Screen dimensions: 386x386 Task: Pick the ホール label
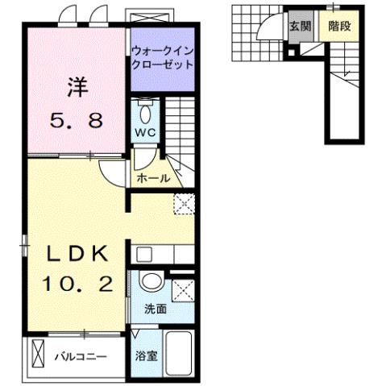(x=153, y=178)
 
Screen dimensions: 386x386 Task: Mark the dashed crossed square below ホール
(x=184, y=204)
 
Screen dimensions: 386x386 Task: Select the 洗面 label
(x=155, y=309)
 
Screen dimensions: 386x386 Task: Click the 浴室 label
(x=146, y=354)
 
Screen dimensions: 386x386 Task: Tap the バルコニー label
(x=81, y=355)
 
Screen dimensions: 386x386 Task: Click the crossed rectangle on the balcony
(x=37, y=354)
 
